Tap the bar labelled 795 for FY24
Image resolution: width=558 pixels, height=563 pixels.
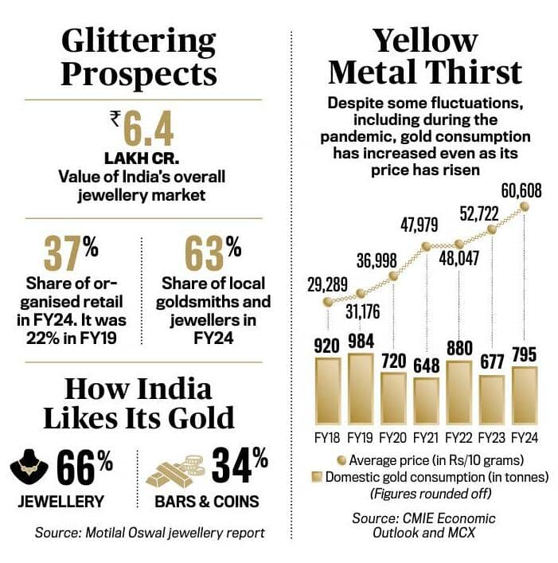pos(525,397)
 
